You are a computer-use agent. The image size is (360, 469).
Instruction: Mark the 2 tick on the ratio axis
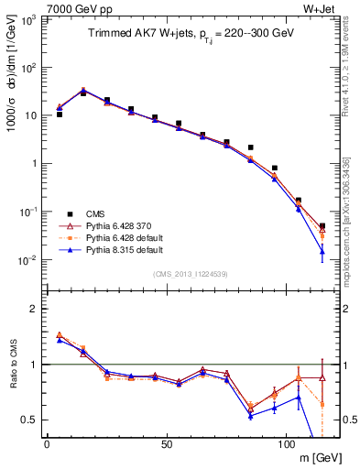coord(34,309)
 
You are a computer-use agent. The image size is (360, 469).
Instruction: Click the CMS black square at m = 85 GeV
coord(250,147)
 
